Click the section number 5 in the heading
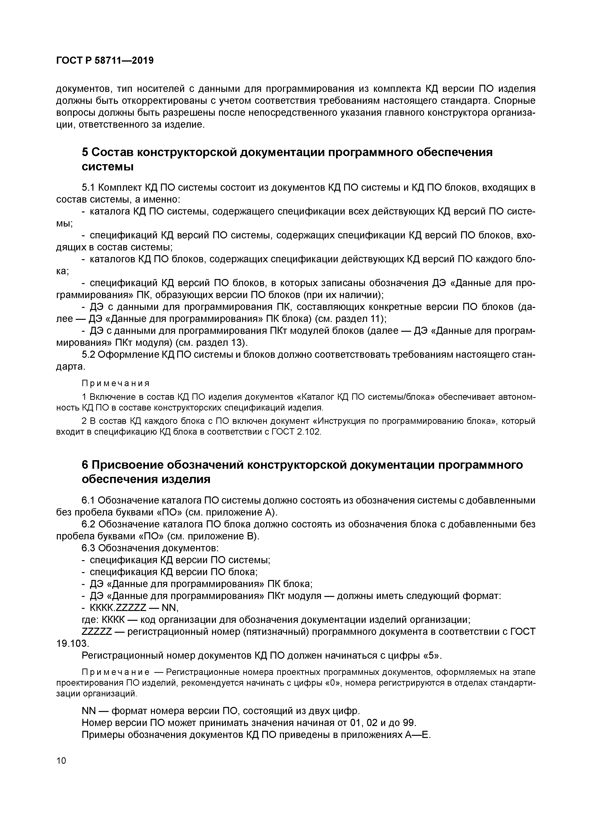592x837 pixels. tap(85, 152)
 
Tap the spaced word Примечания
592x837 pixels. tap(115, 384)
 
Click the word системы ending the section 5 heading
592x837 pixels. tap(107, 167)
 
